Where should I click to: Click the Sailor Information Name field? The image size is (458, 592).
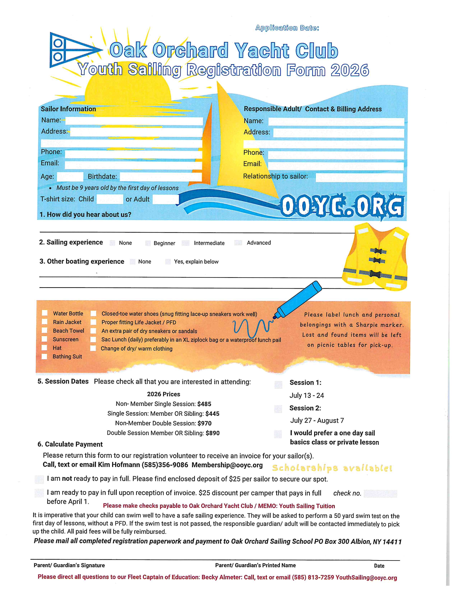pos(134,121)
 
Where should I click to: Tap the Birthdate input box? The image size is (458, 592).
pos(161,177)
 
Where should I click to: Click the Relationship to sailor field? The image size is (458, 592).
pos(359,178)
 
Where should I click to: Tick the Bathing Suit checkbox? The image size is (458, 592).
pos(44,356)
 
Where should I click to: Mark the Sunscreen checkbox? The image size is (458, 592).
pos(44,339)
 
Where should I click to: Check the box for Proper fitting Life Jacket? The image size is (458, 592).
pos(93,322)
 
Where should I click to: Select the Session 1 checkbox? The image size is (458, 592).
pos(278,384)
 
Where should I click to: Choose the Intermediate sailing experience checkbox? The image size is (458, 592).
pos(186,243)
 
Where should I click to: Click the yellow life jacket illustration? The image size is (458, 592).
pos(376,257)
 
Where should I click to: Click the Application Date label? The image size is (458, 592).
pos(287,28)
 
